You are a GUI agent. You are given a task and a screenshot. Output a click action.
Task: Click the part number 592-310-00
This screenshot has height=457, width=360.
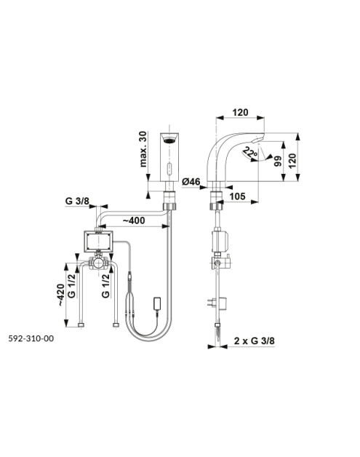[31, 338]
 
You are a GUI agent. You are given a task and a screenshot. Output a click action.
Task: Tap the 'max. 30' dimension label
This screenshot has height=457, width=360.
[143, 149]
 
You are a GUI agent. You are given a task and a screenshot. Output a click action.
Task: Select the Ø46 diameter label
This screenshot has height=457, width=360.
[191, 182]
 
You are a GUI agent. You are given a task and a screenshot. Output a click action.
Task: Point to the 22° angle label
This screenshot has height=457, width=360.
[249, 153]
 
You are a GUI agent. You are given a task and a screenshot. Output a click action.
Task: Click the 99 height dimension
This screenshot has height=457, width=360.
[278, 161]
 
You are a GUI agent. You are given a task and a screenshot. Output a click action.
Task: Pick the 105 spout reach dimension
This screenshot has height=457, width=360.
[237, 196]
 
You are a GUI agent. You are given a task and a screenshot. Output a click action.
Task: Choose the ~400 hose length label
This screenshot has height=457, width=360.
[133, 220]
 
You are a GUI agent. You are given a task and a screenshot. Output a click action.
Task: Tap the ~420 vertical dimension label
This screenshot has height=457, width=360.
[61, 295]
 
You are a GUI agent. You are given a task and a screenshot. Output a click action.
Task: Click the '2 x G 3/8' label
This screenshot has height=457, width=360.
[255, 341]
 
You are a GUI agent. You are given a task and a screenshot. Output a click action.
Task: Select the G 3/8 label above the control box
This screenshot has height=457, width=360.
[77, 201]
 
